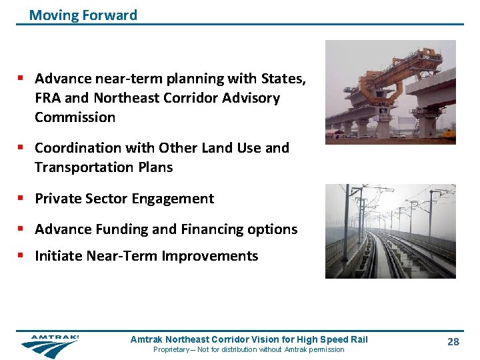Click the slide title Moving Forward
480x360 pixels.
[x=83, y=15]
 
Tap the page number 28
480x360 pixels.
[x=453, y=342]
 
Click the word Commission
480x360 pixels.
[x=75, y=117]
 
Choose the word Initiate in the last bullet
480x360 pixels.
[x=58, y=256]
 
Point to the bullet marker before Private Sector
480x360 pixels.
[x=23, y=199]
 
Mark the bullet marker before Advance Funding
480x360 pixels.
[x=23, y=229]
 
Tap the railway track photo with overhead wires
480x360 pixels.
[x=390, y=231]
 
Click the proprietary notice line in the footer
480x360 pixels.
[x=249, y=350]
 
